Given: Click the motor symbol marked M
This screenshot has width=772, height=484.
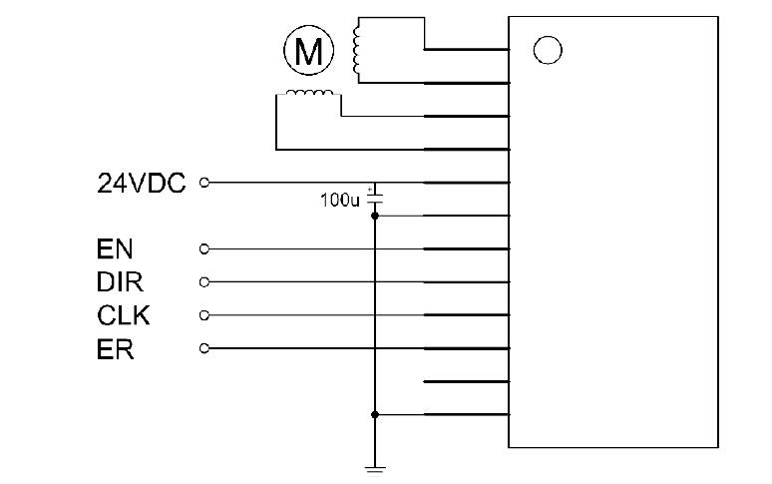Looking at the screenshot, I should click(x=309, y=51).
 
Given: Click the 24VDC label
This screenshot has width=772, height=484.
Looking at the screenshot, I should click(x=142, y=183).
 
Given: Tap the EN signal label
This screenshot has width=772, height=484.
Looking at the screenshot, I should click(x=115, y=248).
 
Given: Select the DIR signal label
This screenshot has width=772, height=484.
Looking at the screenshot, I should click(x=121, y=282).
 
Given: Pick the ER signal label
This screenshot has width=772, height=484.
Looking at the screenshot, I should click(x=116, y=349).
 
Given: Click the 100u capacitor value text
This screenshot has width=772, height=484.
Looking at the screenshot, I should click(x=338, y=200).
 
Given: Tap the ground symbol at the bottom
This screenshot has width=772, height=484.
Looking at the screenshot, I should click(x=375, y=468).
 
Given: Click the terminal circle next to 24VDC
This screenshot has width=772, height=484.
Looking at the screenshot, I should click(x=205, y=183).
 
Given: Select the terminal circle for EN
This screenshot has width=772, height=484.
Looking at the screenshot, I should click(x=205, y=248).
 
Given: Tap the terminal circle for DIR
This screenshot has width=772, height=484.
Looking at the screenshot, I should click(x=205, y=281).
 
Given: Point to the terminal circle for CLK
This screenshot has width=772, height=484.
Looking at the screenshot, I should click(x=205, y=315).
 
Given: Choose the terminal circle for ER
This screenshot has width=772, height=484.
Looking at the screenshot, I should click(x=205, y=348).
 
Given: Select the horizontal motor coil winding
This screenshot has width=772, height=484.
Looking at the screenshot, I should click(x=309, y=95).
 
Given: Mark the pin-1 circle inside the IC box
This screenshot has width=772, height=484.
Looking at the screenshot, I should click(x=547, y=49).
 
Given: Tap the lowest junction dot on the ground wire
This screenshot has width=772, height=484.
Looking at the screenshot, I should click(x=375, y=414).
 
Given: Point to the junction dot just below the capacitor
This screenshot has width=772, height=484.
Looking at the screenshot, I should click(x=375, y=216).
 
